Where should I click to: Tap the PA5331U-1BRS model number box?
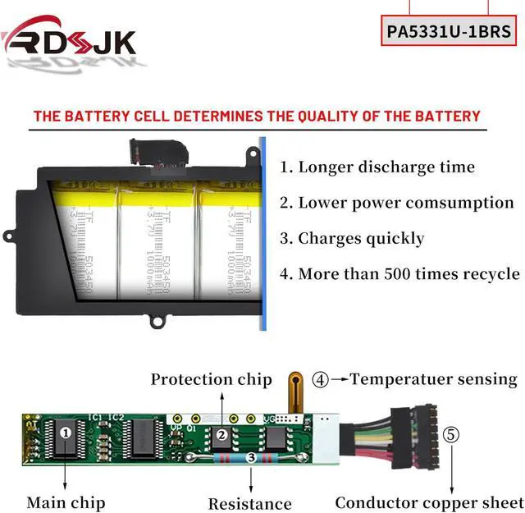[x=449, y=32]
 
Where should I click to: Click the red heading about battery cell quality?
[x=257, y=116]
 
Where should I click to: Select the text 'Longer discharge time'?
[x=386, y=167]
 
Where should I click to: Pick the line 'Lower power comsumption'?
[x=405, y=203]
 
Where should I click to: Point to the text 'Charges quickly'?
[x=361, y=239]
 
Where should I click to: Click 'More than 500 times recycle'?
[x=409, y=274]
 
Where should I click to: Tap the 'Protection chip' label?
[x=211, y=379]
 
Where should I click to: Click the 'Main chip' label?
[x=66, y=502]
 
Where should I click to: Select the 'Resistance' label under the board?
[x=249, y=503]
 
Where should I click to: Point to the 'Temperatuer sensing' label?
[x=435, y=379]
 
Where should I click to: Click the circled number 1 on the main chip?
[x=66, y=430]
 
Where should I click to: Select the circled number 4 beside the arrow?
[x=321, y=379]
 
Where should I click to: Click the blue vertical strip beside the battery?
[x=262, y=234]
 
